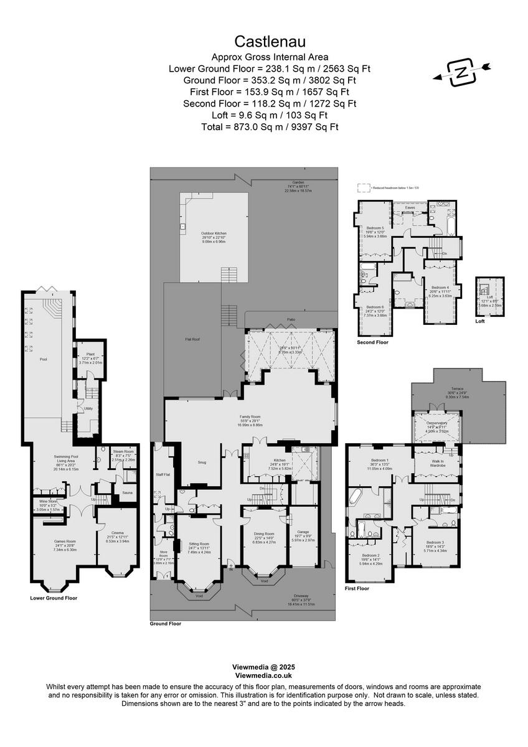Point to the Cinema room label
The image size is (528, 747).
point(117,533)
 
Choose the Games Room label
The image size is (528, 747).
point(65,541)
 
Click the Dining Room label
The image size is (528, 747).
point(264,533)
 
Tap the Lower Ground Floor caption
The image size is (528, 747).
point(54,598)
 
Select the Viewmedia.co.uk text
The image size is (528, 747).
point(263,675)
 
